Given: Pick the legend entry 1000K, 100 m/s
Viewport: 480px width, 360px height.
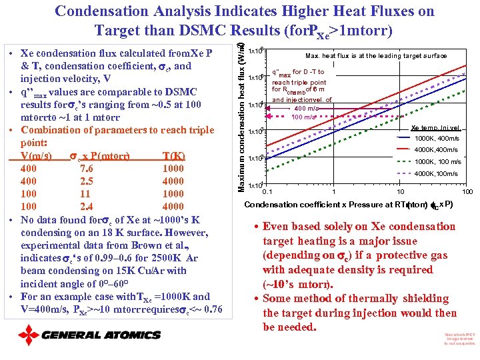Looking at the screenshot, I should point(437,161).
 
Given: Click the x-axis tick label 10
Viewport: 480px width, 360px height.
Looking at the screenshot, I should point(399,192).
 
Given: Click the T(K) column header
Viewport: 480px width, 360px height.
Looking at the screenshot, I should point(174,156).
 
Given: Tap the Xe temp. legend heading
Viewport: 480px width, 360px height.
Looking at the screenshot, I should point(435,127).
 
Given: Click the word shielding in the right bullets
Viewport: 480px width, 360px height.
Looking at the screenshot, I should point(399,299).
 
